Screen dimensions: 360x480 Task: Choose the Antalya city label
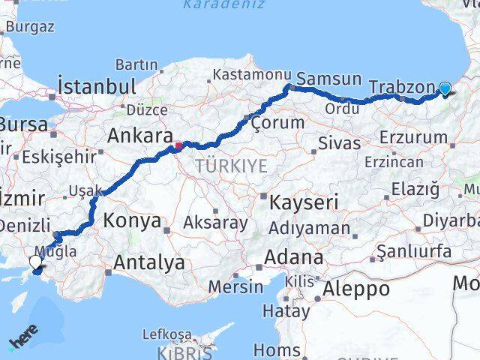click(149, 262)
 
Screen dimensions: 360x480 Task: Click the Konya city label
click(133, 221)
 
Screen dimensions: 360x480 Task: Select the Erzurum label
click(413, 137)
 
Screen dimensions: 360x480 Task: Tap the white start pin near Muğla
click(35, 262)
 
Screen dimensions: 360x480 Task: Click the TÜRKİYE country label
click(231, 166)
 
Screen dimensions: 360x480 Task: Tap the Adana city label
click(292, 258)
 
